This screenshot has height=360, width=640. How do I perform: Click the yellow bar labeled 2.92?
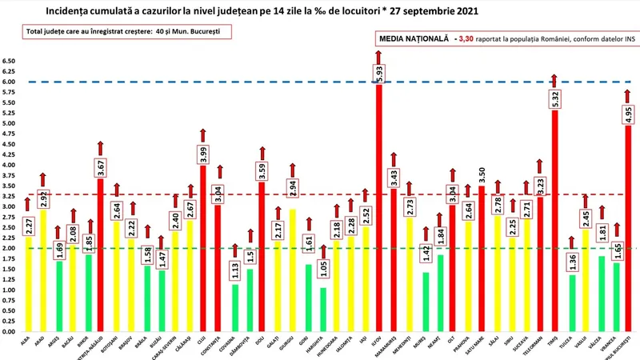point(45,272)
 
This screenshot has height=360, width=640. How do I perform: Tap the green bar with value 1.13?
point(234,308)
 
